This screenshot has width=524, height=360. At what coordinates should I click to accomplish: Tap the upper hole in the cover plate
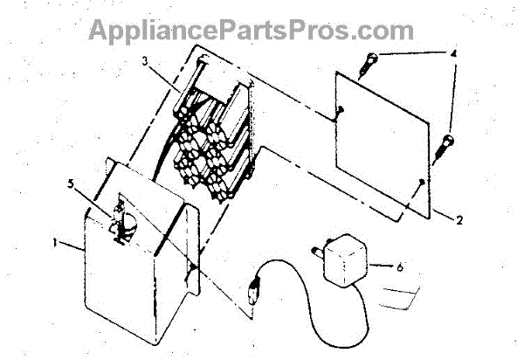[339, 110]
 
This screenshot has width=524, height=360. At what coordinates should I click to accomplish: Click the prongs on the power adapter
[313, 253]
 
